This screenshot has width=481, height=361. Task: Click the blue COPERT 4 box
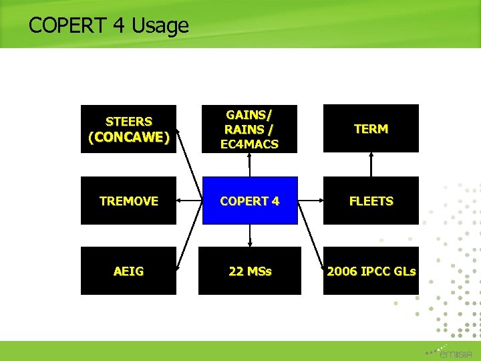click(x=249, y=201)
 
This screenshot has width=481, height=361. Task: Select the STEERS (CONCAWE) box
click(x=128, y=129)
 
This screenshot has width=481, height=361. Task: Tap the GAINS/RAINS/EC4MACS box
click(x=249, y=129)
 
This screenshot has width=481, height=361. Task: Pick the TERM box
click(x=371, y=129)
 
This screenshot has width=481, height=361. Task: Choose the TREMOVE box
click(x=128, y=201)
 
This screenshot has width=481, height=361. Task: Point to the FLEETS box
click(x=371, y=201)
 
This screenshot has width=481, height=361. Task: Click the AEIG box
click(x=128, y=271)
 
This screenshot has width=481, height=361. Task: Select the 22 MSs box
click(x=249, y=271)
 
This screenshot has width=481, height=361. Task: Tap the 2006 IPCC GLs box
click(x=371, y=271)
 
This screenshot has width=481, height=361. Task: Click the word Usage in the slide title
click(x=160, y=26)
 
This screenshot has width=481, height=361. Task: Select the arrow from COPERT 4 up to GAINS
click(x=249, y=164)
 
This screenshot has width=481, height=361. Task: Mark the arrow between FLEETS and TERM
click(x=371, y=164)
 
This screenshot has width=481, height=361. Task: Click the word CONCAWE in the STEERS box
click(x=128, y=137)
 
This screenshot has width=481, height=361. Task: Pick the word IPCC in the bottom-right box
click(x=378, y=271)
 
